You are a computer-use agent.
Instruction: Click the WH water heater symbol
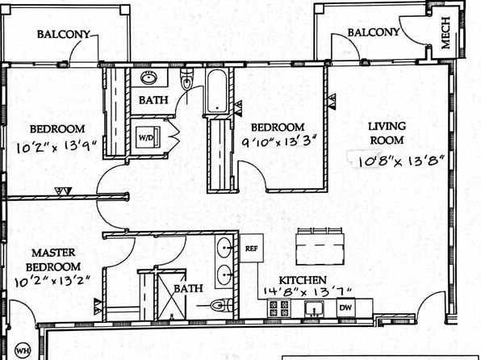pyautogui.click(x=23, y=350)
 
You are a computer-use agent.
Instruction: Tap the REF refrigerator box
pyautogui.click(x=251, y=248)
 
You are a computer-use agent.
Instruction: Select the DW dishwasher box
pyautogui.click(x=345, y=308)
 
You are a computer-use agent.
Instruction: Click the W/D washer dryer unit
pyautogui.click(x=148, y=137)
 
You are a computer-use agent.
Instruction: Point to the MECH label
pyautogui.click(x=445, y=32)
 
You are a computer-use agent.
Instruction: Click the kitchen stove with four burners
pyautogui.click(x=279, y=308)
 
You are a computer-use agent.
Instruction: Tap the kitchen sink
pyautogui.click(x=314, y=308)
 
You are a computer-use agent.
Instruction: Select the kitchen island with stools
pyautogui.click(x=319, y=246)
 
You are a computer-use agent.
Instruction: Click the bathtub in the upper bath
pyautogui.click(x=217, y=91)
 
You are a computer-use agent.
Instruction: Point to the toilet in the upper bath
pyautogui.click(x=186, y=79)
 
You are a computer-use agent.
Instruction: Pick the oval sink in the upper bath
pyautogui.click(x=149, y=77)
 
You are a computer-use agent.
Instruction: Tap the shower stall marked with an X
pyautogui.click(x=171, y=295)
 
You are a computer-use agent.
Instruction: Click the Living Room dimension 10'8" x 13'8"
pyautogui.click(x=401, y=161)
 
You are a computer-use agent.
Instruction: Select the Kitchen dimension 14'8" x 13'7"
pyautogui.click(x=307, y=292)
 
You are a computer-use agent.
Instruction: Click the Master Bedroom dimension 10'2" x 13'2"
pyautogui.click(x=52, y=281)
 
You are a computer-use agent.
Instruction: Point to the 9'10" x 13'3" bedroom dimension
pyautogui.click(x=278, y=141)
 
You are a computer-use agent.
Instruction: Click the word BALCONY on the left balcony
pyautogui.click(x=64, y=34)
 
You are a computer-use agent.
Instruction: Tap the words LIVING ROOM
pyautogui.click(x=387, y=133)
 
